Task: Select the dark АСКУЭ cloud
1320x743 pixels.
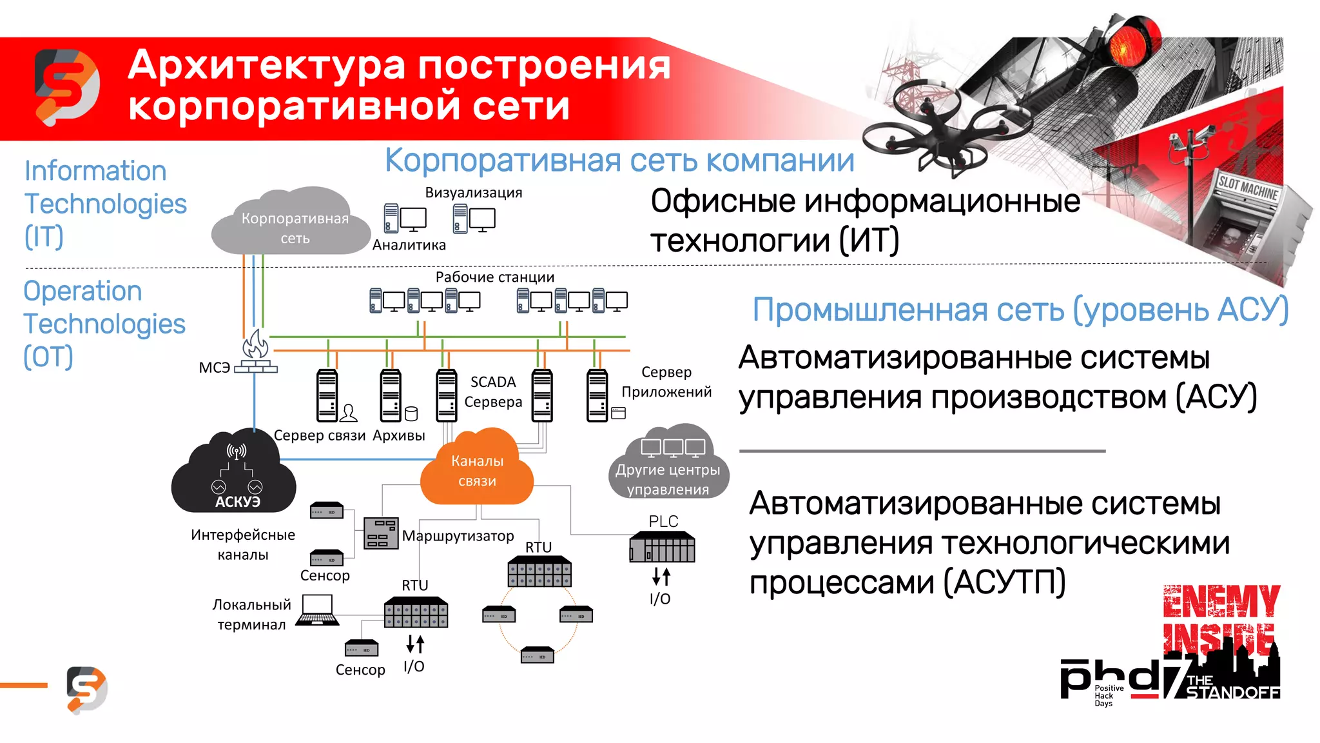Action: (x=235, y=474)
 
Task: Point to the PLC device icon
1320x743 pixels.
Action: (x=662, y=547)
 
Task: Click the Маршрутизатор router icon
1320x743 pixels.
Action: (x=380, y=533)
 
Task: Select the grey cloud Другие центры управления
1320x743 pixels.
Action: (x=668, y=464)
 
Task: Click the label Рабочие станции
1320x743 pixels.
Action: (x=494, y=277)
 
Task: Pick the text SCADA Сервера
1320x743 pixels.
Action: (x=493, y=391)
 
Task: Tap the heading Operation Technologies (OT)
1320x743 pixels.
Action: (x=103, y=324)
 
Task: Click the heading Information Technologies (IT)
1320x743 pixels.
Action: (x=104, y=204)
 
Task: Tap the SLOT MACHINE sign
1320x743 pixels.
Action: (x=1247, y=187)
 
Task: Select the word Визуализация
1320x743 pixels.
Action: (x=473, y=193)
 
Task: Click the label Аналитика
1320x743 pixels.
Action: (x=409, y=245)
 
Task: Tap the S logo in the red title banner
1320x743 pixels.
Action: (x=67, y=87)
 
